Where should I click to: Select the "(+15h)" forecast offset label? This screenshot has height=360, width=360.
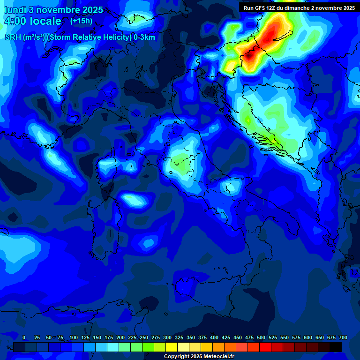pos(81,21)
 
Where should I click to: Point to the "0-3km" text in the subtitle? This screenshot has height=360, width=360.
pos(144,37)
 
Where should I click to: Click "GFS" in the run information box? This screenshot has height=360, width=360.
pos(260,8)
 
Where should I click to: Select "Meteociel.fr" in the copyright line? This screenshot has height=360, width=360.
pos(222,357)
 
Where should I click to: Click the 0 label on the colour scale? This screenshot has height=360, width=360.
pos(24,337)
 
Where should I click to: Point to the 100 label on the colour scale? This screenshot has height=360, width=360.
pos(74,337)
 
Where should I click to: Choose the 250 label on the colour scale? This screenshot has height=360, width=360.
pos(144,337)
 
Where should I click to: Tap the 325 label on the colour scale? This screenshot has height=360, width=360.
pos(179,337)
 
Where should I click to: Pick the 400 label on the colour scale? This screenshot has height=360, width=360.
pos(214,337)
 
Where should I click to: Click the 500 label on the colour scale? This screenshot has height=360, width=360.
pos(261,337)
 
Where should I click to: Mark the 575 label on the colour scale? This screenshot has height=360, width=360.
pos(296,337)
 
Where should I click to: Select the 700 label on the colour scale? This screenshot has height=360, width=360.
pos(343,337)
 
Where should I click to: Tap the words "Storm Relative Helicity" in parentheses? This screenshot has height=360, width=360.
pos(87,37)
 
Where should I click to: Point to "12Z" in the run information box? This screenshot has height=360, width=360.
pos(272,8)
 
